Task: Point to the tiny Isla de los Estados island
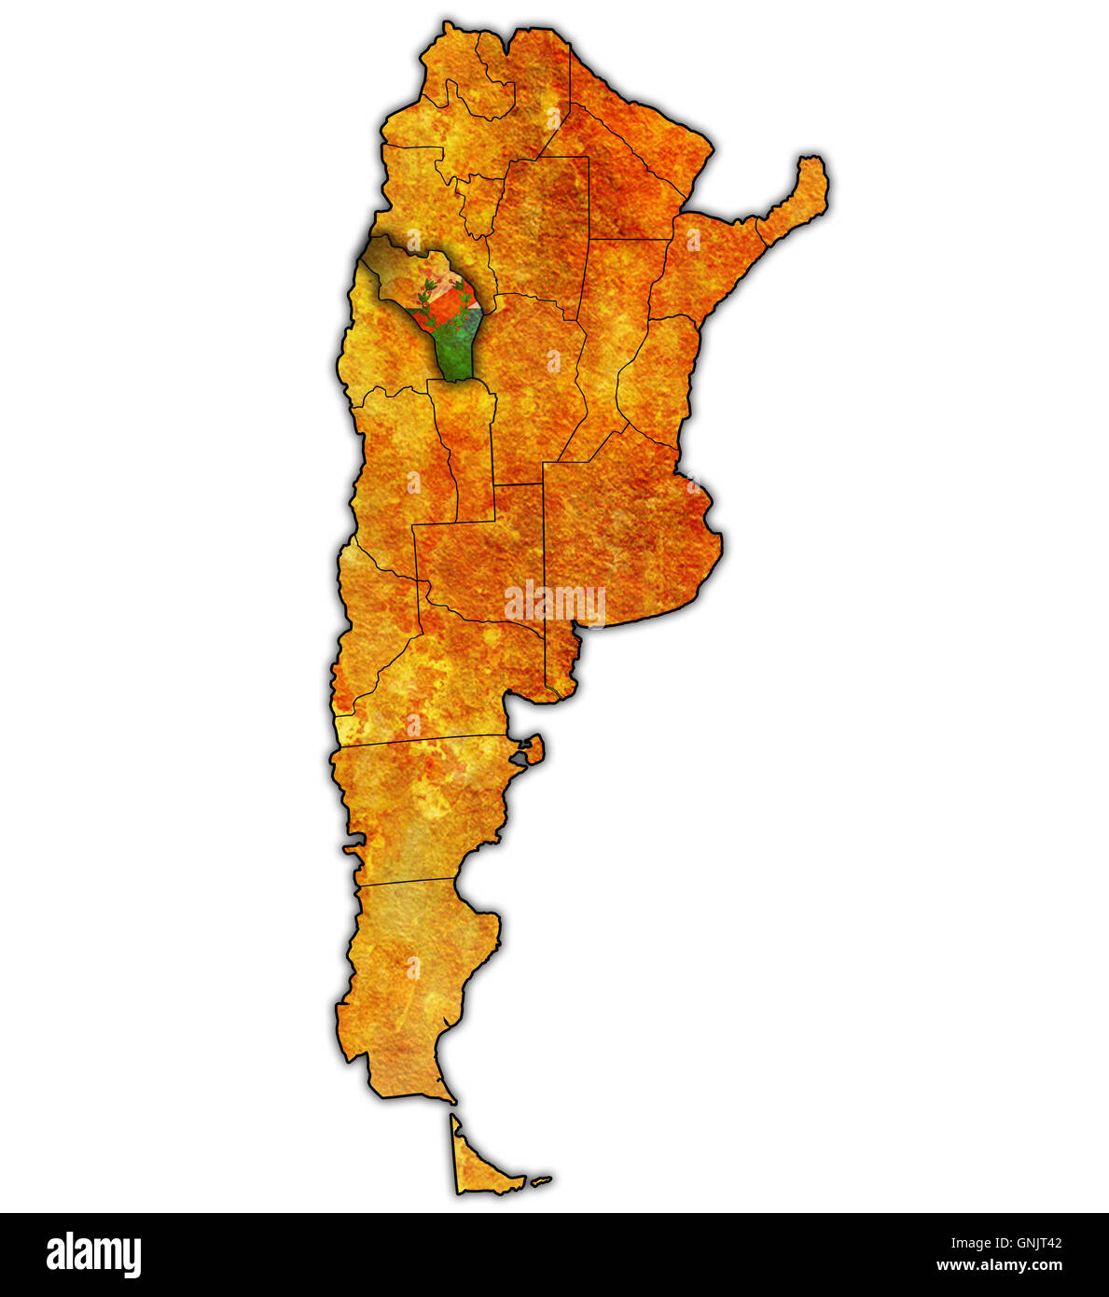tap(541, 1181)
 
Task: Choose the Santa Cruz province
tap(420, 980)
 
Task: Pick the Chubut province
tap(420, 802)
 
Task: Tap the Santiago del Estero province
tap(541, 233)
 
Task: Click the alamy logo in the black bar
tap(93, 1255)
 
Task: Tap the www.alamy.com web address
tap(999, 1266)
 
